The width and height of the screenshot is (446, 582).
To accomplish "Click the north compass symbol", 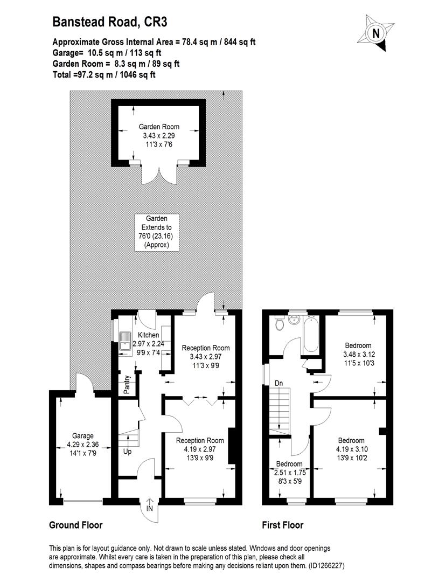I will (375, 33).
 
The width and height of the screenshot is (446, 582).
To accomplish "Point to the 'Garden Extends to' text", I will (157, 227).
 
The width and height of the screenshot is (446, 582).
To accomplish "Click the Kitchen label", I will (133, 335).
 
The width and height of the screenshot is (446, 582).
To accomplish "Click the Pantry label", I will (127, 385).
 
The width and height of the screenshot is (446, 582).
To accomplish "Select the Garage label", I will (83, 436).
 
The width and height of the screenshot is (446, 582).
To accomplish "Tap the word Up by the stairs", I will (128, 452).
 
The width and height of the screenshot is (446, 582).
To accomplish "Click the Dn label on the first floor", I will (278, 383).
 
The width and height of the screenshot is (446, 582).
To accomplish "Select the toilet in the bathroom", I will (279, 324).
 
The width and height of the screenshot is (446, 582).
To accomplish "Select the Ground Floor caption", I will (76, 525).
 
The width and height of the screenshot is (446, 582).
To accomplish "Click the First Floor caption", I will (283, 525).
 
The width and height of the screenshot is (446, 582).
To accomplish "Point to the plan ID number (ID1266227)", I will (318, 566).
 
